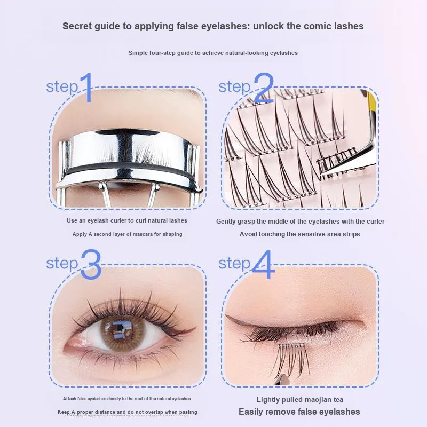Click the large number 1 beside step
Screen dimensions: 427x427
click(87, 88)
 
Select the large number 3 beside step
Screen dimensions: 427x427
click(91, 264)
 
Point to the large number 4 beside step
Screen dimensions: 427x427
click(263, 264)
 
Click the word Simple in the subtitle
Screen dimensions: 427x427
click(138, 53)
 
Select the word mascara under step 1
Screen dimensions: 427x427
click(143, 234)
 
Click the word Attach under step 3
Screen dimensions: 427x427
click(69, 399)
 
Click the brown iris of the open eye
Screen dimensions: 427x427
click(123, 334)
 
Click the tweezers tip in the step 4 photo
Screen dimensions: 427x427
click(281, 379)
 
